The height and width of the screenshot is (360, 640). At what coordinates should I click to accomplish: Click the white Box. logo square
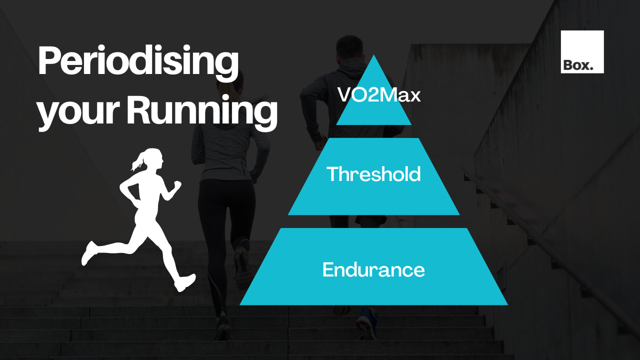coord(582,51)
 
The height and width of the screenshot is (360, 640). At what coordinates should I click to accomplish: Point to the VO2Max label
coord(379,95)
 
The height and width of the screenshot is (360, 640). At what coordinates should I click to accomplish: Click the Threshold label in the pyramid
coord(373,174)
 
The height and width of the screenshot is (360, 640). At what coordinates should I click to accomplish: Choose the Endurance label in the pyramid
coord(373,270)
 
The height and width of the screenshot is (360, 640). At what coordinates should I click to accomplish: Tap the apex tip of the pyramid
coord(373,56)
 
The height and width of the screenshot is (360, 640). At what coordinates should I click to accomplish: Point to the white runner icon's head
coord(153,159)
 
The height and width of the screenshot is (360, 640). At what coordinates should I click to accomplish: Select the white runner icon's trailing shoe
coord(89,253)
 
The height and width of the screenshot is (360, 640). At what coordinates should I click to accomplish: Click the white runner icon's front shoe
coord(184,282)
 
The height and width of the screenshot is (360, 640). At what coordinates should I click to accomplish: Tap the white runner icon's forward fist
coord(176,185)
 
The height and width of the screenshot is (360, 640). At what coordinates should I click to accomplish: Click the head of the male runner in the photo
coord(346,48)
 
